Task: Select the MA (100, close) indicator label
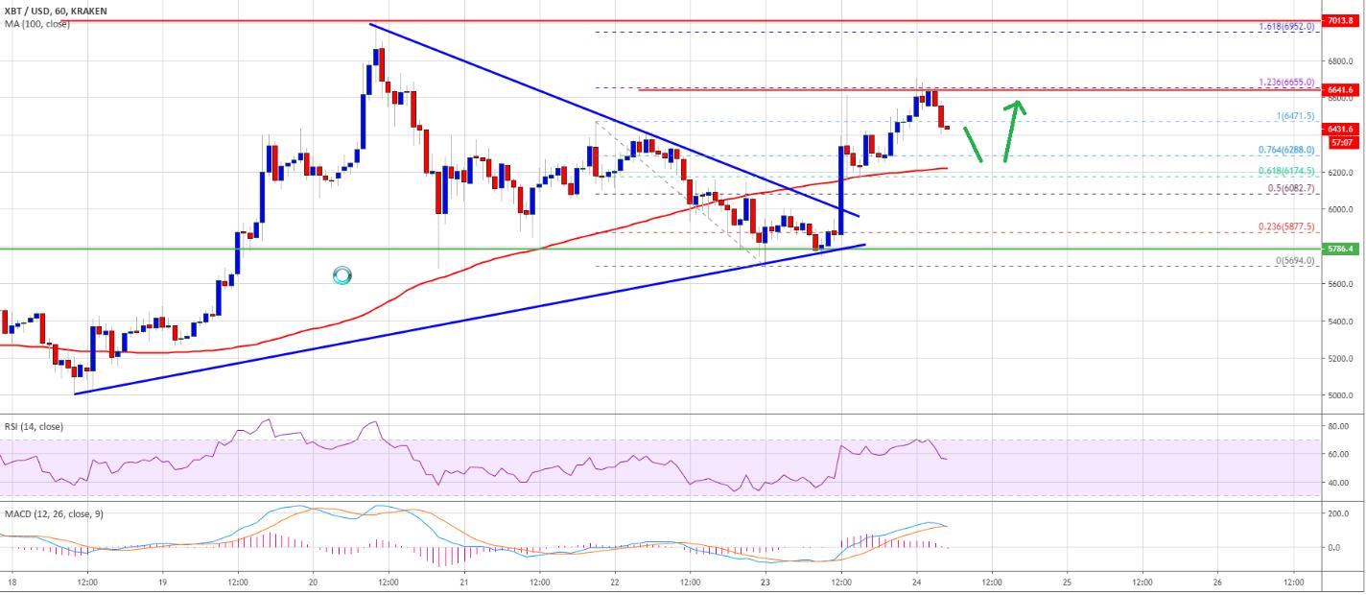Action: [35, 23]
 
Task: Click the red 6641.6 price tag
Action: [1338, 90]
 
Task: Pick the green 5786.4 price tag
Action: [1338, 250]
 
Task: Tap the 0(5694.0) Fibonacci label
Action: [1296, 260]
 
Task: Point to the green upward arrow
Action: [1013, 131]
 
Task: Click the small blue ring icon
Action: [342, 276]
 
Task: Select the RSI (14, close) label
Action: [34, 426]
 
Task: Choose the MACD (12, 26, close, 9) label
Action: [53, 514]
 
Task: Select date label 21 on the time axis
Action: [463, 583]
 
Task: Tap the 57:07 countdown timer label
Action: [1338, 142]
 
